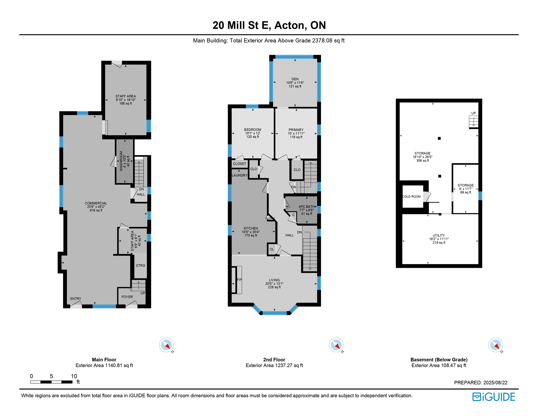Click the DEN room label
coord(295,79)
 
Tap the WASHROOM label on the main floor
coord(121,161)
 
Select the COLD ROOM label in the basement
coord(411,197)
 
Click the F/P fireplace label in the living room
coord(239,280)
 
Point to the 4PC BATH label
coord(306,207)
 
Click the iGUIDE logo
coord(494,397)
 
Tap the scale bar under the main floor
coord(51,382)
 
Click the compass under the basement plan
coord(495,345)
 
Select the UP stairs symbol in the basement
coord(473,121)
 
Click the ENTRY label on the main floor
coord(76,298)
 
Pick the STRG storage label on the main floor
coord(140,265)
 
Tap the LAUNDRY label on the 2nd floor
coord(240,175)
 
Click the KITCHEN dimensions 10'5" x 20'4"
coord(251,232)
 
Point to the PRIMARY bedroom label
coord(296,130)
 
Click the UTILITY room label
coord(439,235)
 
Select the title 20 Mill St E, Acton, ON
coord(269,25)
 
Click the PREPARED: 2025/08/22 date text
coord(481,382)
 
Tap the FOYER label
coord(127,297)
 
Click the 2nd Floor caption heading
coord(274,360)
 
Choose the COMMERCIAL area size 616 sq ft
coord(96,210)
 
